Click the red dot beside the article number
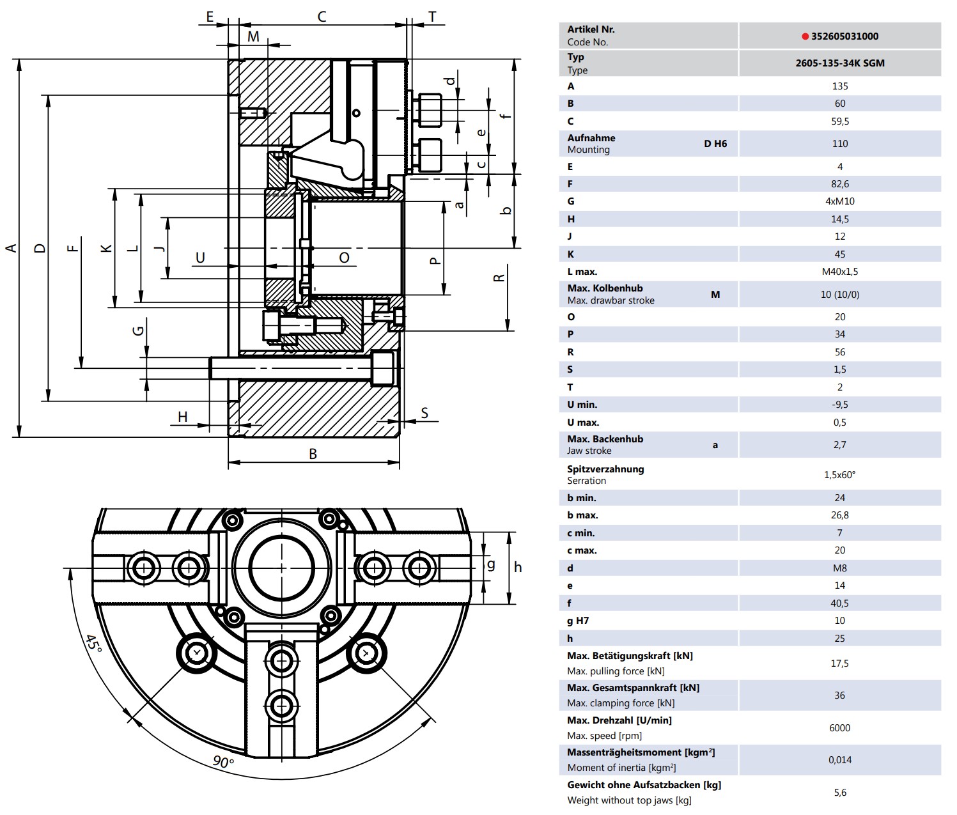tap(805, 36)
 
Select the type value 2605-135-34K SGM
tap(840, 63)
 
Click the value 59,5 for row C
tap(840, 121)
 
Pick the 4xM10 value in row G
tap(840, 201)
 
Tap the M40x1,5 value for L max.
tap(840, 272)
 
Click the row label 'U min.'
tap(582, 404)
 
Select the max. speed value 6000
tap(840, 727)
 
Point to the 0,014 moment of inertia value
tap(840, 759)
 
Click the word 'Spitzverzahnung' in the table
tap(605, 469)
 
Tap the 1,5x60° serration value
tap(840, 474)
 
